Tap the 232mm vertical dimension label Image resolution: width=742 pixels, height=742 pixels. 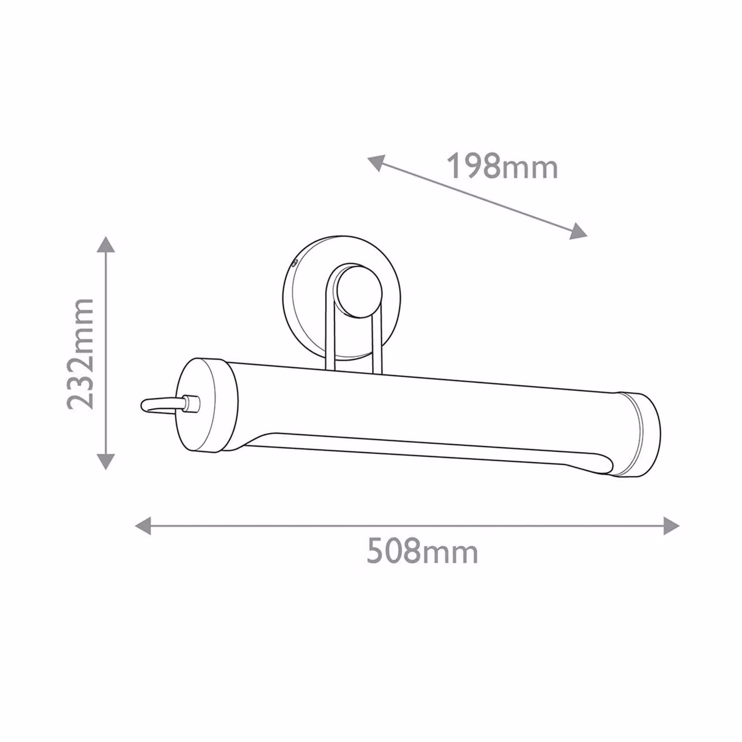click(81, 354)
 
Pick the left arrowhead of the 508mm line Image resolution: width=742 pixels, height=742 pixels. click(143, 525)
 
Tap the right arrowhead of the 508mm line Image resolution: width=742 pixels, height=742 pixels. click(671, 525)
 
